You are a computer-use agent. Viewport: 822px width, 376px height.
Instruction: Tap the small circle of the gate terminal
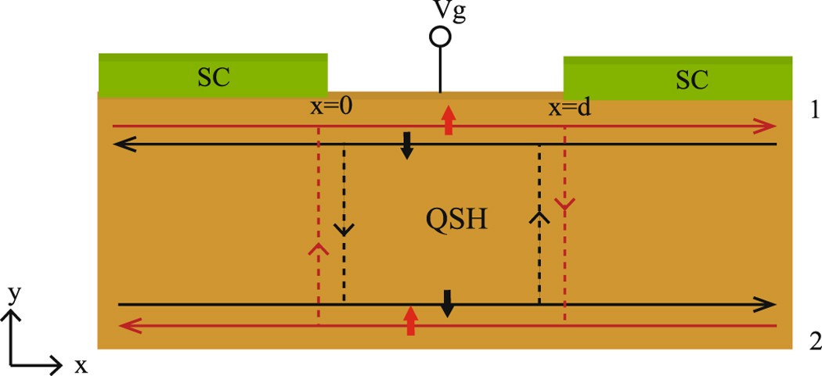[x=440, y=37]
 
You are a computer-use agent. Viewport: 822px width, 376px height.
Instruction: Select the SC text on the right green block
[x=691, y=79]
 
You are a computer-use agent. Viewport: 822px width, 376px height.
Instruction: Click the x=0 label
[x=331, y=109]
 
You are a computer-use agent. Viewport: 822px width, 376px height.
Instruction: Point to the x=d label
[x=569, y=109]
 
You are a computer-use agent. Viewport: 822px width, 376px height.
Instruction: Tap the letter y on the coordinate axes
[x=13, y=294]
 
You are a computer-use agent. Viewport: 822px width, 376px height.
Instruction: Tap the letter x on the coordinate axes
[x=81, y=364]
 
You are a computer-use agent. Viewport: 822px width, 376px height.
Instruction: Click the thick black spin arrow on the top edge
[x=406, y=146]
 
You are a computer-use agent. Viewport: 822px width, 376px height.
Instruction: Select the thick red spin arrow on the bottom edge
[x=409, y=320]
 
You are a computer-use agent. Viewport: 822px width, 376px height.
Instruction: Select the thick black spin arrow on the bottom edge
[x=447, y=303]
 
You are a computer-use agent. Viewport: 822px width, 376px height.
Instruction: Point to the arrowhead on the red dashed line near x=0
[x=318, y=249]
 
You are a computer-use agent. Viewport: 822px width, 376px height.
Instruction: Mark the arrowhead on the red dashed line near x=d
[x=564, y=204]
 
